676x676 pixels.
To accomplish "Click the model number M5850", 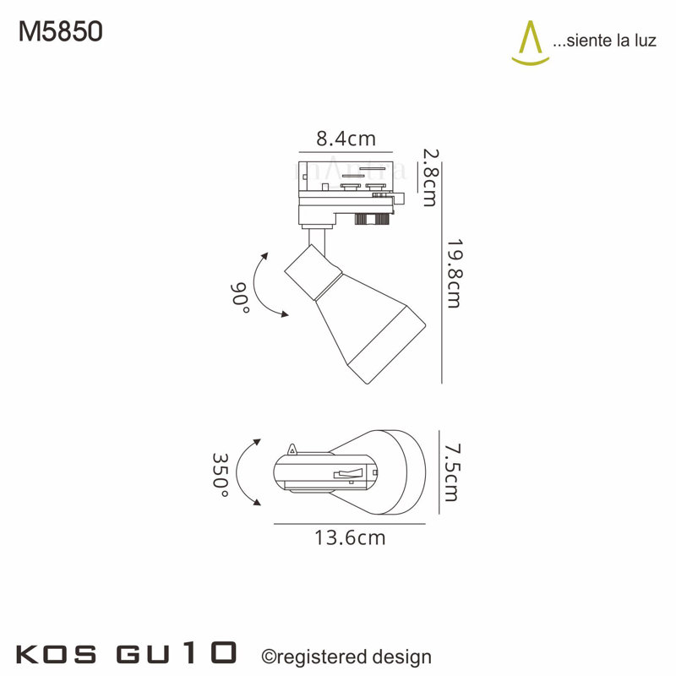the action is pyautogui.click(x=60, y=32).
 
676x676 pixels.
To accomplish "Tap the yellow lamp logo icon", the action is pyautogui.click(x=531, y=43).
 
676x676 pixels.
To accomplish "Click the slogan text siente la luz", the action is pyautogui.click(x=604, y=41).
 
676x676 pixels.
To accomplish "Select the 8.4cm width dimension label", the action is pyautogui.click(x=346, y=139).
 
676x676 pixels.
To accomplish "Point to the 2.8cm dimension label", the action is pyautogui.click(x=430, y=177).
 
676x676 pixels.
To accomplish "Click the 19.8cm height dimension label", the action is pyautogui.click(x=454, y=274).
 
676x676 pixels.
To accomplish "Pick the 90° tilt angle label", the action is pyautogui.click(x=240, y=297).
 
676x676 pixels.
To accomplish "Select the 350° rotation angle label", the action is pyautogui.click(x=221, y=475).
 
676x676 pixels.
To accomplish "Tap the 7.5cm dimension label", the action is pyautogui.click(x=452, y=472).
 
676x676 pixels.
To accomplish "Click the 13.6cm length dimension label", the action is pyautogui.click(x=350, y=537).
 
